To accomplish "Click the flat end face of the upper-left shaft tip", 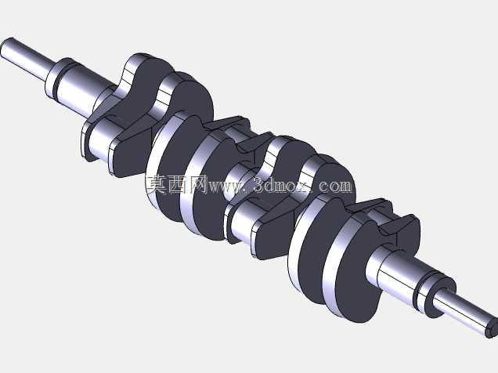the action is (x=7, y=48).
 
